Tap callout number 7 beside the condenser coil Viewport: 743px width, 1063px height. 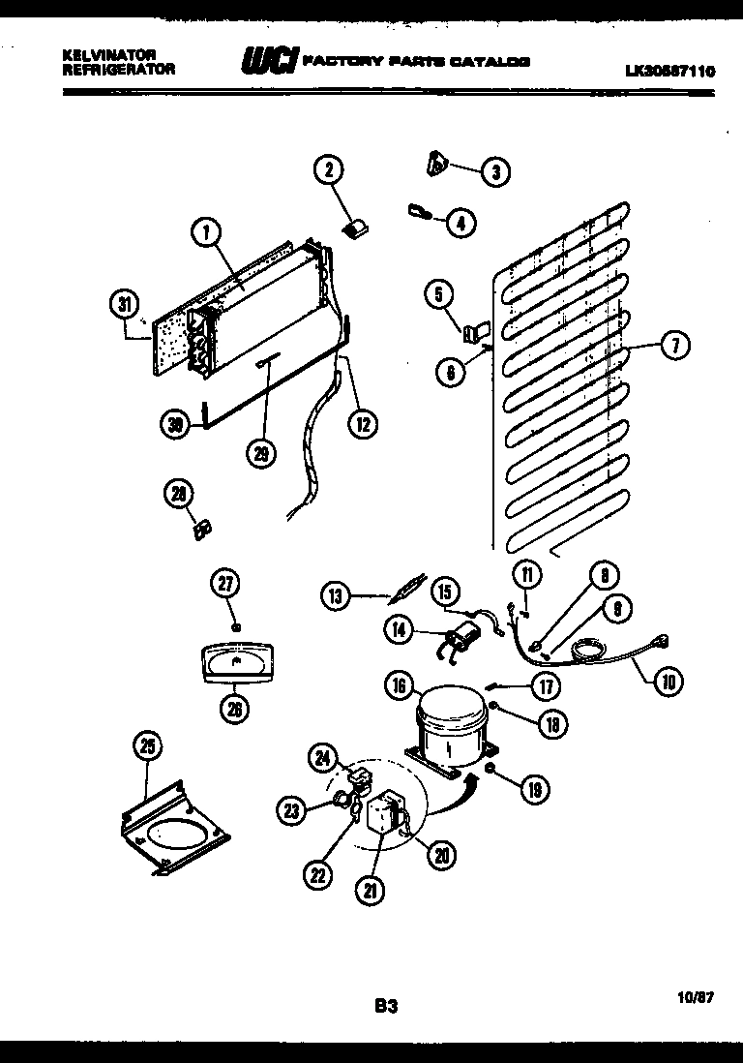(675, 346)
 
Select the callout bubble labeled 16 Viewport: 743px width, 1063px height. (399, 686)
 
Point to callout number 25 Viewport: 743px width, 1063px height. (147, 746)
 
